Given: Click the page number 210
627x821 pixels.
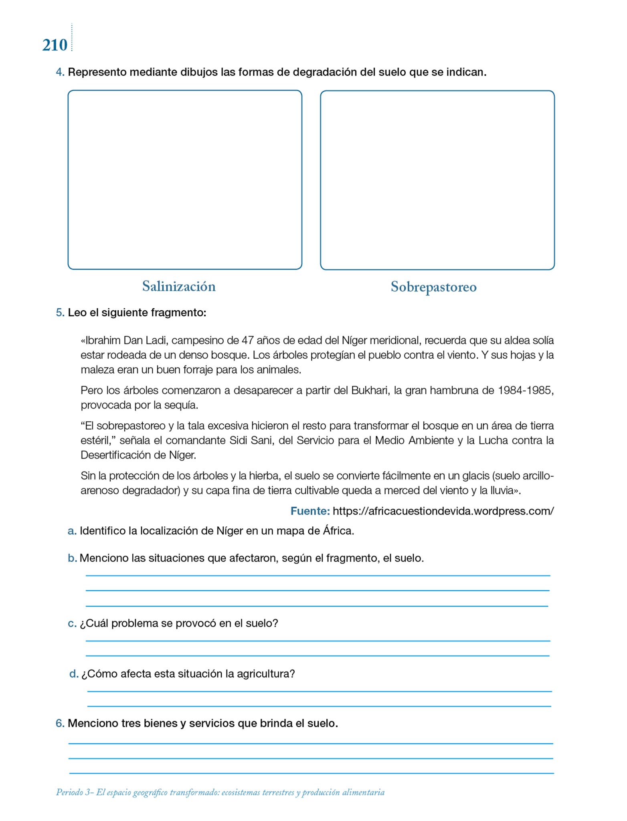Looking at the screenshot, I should pyautogui.click(x=55, y=45).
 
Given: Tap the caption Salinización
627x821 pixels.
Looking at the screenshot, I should pyautogui.click(x=179, y=286).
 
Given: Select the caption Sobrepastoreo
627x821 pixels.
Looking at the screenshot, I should pyautogui.click(x=433, y=287).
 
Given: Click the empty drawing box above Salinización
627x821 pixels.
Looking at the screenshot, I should pyautogui.click(x=185, y=180).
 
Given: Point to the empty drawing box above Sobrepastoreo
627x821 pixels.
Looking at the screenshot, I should pyautogui.click(x=437, y=180).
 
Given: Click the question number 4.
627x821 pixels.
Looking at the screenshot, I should pyautogui.click(x=60, y=73).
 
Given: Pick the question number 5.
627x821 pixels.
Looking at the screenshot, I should pyautogui.click(x=60, y=313).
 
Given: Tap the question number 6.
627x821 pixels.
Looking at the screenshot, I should pyautogui.click(x=60, y=723).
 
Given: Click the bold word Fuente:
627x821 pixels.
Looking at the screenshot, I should pyautogui.click(x=310, y=511).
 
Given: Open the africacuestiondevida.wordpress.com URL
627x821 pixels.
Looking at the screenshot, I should pyautogui.click(x=443, y=511).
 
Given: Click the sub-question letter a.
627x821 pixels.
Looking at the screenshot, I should pyautogui.click(x=72, y=531).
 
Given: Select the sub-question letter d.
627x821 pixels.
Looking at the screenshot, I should pyautogui.click(x=73, y=674).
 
